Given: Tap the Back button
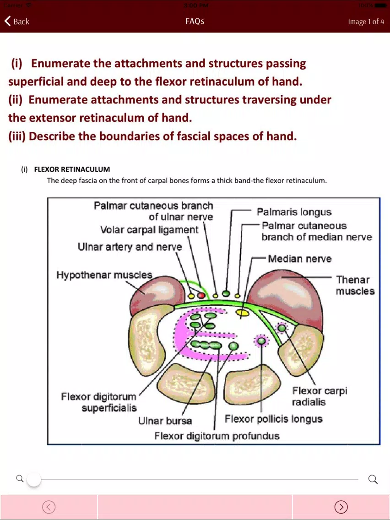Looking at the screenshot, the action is (16, 21).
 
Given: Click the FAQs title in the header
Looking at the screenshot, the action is (195, 21).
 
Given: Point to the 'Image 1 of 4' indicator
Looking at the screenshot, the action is (366, 22).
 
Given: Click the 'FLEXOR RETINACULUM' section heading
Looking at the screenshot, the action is (72, 169).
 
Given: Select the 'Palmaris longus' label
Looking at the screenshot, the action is (294, 212).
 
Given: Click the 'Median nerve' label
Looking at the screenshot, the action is (299, 259).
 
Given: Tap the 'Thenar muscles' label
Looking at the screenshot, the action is (355, 285).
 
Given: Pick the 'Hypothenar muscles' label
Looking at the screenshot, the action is (104, 275).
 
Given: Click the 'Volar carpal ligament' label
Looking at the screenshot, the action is (149, 229).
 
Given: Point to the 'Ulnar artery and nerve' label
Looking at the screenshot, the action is (130, 247).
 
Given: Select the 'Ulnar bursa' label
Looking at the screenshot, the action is (165, 421).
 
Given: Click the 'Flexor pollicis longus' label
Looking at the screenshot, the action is (274, 419).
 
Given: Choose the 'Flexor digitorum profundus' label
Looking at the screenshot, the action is (217, 436).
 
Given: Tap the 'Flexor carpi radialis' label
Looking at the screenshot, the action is (320, 396).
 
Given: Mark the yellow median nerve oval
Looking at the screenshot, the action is (243, 312).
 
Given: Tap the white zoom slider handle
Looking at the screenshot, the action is (33, 480).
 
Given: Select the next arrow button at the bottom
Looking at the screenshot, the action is (341, 507).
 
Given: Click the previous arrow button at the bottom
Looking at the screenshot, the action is (49, 507).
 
